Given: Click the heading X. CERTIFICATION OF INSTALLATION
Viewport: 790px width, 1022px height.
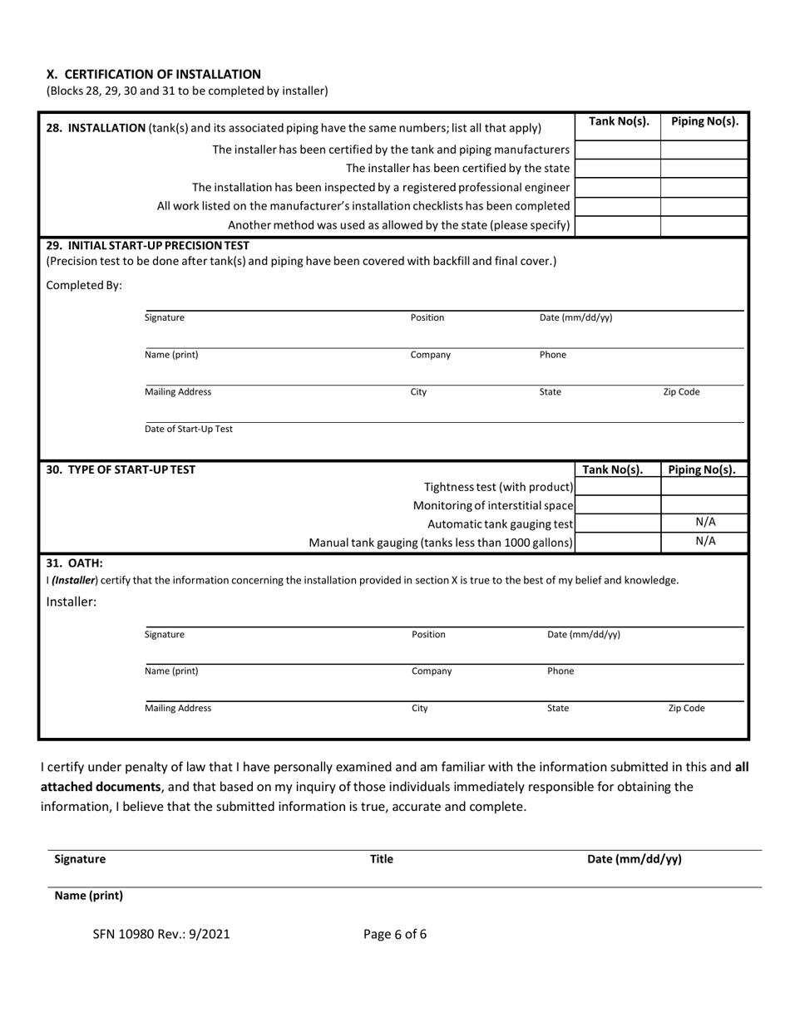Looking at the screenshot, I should pyautogui.click(x=153, y=74).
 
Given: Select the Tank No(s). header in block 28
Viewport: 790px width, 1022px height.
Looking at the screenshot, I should pyautogui.click(x=618, y=121).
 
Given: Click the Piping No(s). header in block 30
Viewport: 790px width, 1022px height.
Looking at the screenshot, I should pyautogui.click(x=704, y=469).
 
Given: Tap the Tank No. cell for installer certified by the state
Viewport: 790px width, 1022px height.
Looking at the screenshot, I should pyautogui.click(x=617, y=169).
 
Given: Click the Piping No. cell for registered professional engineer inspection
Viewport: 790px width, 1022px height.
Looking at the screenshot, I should pyautogui.click(x=704, y=187).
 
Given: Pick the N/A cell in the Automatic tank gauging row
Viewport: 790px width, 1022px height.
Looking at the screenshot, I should pyautogui.click(x=704, y=523).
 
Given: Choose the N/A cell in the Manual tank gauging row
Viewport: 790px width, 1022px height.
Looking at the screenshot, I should pyautogui.click(x=704, y=542).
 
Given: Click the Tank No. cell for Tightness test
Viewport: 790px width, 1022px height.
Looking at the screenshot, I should pyautogui.click(x=617, y=487).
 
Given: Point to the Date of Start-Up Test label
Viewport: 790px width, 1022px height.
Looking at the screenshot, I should pyautogui.click(x=189, y=429).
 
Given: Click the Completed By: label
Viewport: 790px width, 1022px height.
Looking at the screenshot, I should pyautogui.click(x=84, y=286).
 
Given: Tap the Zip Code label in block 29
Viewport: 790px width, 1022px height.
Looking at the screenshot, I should pyautogui.click(x=681, y=392).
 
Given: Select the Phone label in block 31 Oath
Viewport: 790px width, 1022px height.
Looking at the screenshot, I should pyautogui.click(x=560, y=671).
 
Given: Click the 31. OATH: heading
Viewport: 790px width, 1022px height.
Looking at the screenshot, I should pyautogui.click(x=74, y=563).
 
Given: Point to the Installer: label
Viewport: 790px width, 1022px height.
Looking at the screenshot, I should pyautogui.click(x=72, y=602).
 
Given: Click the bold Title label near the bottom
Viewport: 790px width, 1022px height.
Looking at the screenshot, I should pyautogui.click(x=381, y=860).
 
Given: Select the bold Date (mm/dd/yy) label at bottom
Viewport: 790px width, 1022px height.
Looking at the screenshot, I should pyautogui.click(x=634, y=860).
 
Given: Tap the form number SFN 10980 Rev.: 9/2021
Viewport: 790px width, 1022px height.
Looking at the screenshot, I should pyautogui.click(x=161, y=934).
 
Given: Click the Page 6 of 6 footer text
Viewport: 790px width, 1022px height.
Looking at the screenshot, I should pyautogui.click(x=395, y=934).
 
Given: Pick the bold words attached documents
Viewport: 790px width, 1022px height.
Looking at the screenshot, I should pyautogui.click(x=101, y=786).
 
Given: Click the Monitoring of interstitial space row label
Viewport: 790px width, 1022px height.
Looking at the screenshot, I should pyautogui.click(x=493, y=505).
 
